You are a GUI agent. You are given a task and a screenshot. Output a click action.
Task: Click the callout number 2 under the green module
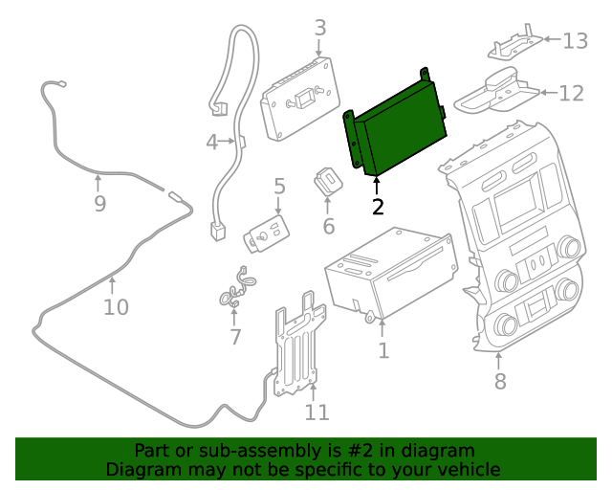click(378, 207)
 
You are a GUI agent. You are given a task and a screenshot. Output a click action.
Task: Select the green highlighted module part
click(397, 129)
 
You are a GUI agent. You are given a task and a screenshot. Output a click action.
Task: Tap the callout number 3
click(320, 28)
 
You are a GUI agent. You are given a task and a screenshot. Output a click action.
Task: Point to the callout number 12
click(571, 93)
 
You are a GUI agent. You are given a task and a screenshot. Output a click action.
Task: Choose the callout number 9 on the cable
click(99, 204)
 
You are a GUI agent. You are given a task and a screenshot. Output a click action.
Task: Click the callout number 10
click(115, 307)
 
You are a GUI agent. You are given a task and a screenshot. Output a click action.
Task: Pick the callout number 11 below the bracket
click(317, 412)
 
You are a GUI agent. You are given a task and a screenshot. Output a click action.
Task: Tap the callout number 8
click(500, 383)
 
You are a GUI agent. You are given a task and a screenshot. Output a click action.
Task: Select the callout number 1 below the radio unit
click(383, 351)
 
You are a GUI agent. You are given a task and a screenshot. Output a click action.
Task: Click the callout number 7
click(235, 336)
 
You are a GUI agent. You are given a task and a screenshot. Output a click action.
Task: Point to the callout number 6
click(328, 226)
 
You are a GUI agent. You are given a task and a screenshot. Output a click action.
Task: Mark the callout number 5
click(279, 186)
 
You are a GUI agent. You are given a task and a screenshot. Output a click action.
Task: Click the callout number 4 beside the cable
click(211, 143)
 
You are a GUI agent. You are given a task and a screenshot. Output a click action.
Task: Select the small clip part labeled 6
click(327, 181)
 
